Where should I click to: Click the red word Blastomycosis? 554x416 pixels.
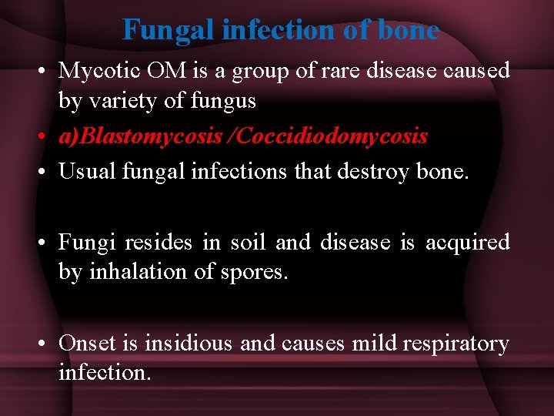[149, 136]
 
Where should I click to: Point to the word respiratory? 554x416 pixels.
[462, 343]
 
